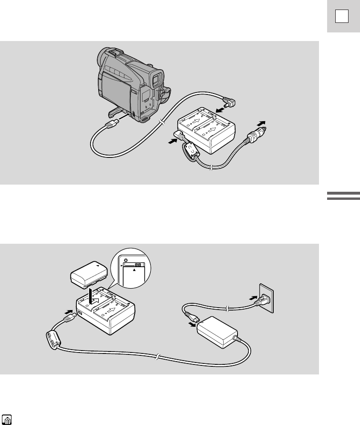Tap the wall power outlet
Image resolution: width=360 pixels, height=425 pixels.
click(266, 298)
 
